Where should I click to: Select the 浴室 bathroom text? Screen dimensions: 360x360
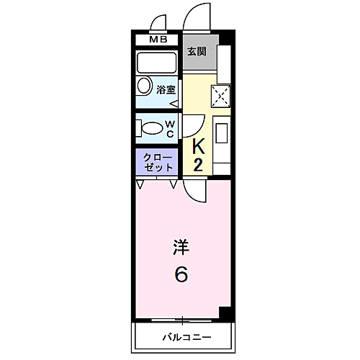[x=166, y=90]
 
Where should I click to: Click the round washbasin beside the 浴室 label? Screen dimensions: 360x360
[x=143, y=90]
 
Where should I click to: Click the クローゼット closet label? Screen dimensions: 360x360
[x=157, y=161]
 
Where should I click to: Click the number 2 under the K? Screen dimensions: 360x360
[x=199, y=165]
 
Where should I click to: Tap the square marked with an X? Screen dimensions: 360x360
[x=221, y=94]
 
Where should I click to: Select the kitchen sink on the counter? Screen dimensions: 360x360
[x=222, y=135]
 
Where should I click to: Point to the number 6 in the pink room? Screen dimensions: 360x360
[x=181, y=274]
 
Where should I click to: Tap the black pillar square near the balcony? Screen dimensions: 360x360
[x=226, y=313]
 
